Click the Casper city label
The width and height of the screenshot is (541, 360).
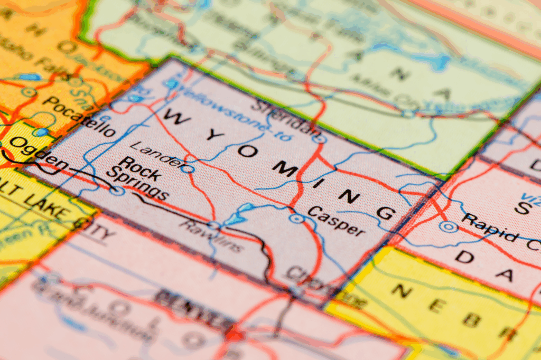(336, 221)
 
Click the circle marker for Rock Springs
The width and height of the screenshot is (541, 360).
(117, 190)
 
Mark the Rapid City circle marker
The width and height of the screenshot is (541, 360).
(449, 226)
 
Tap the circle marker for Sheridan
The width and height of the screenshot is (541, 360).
(317, 139)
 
